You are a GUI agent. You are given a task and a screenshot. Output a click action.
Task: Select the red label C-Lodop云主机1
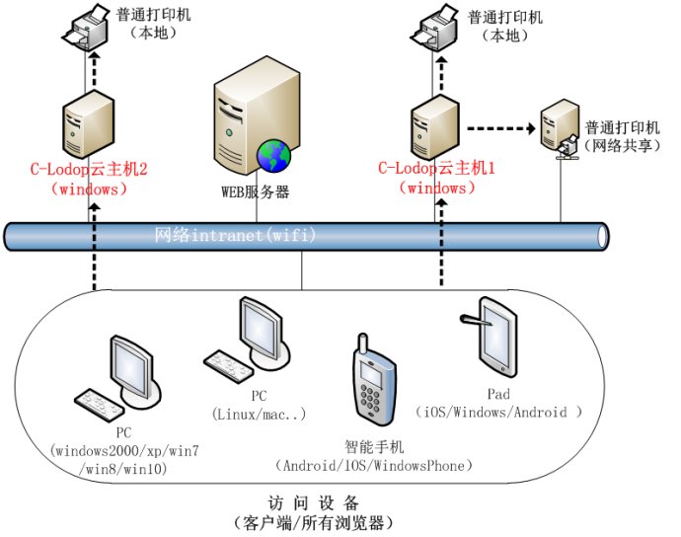click(436, 169)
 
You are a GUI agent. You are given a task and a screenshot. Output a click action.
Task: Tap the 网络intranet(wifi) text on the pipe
click(235, 236)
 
